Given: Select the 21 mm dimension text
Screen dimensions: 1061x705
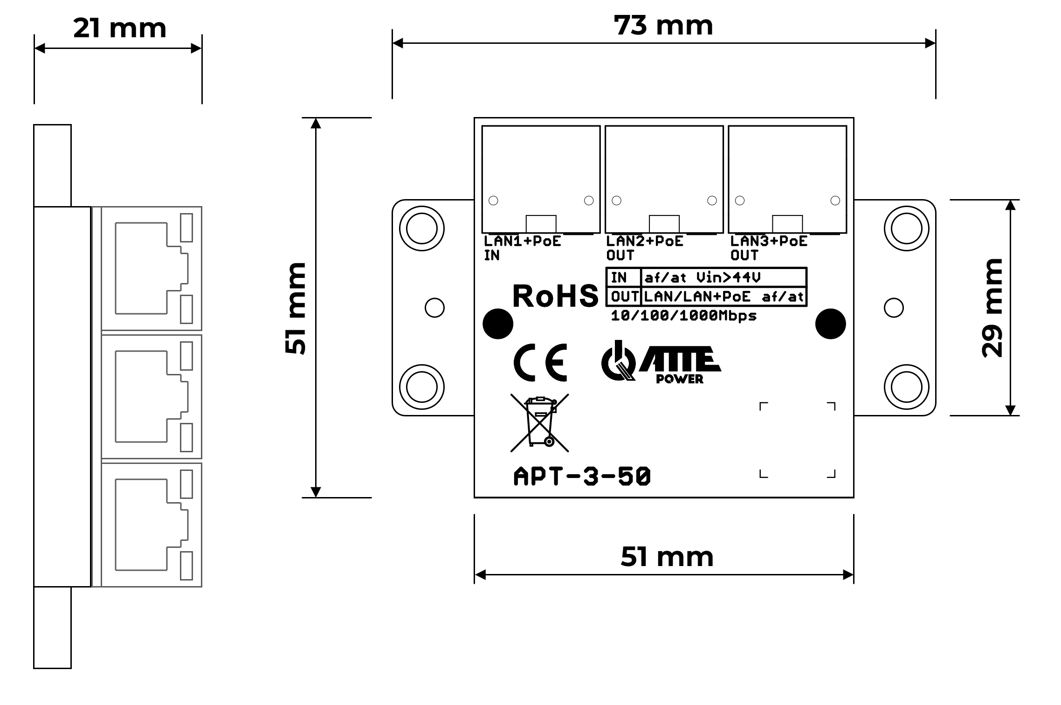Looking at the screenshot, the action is coord(120,28).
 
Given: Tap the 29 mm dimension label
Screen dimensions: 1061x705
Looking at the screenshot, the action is coord(992,308).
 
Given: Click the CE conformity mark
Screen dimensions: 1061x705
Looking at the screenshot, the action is coord(540,362).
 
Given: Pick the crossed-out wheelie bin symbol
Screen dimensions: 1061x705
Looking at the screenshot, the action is coord(539,422).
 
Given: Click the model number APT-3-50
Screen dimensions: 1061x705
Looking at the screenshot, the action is coord(582,477).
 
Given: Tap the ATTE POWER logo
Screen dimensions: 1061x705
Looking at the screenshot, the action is coord(661,362).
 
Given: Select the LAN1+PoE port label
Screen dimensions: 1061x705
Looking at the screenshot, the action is coord(523,241).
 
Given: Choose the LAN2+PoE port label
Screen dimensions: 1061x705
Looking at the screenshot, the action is coord(645,241).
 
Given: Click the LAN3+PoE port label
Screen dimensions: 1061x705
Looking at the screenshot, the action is coord(769,241).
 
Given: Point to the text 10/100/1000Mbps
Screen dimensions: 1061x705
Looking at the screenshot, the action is coord(683,316).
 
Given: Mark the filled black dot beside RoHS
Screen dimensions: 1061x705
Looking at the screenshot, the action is coord(498,324).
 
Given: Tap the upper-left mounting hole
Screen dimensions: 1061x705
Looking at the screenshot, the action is coord(422,228).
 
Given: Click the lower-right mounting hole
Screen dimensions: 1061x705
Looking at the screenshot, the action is coord(906,387).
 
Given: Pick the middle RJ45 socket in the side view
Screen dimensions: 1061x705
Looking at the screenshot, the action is coord(152,396).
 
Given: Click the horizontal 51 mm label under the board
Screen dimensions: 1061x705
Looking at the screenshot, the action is coord(667,557).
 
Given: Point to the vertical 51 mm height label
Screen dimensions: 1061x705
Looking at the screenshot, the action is coord(296,308).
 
